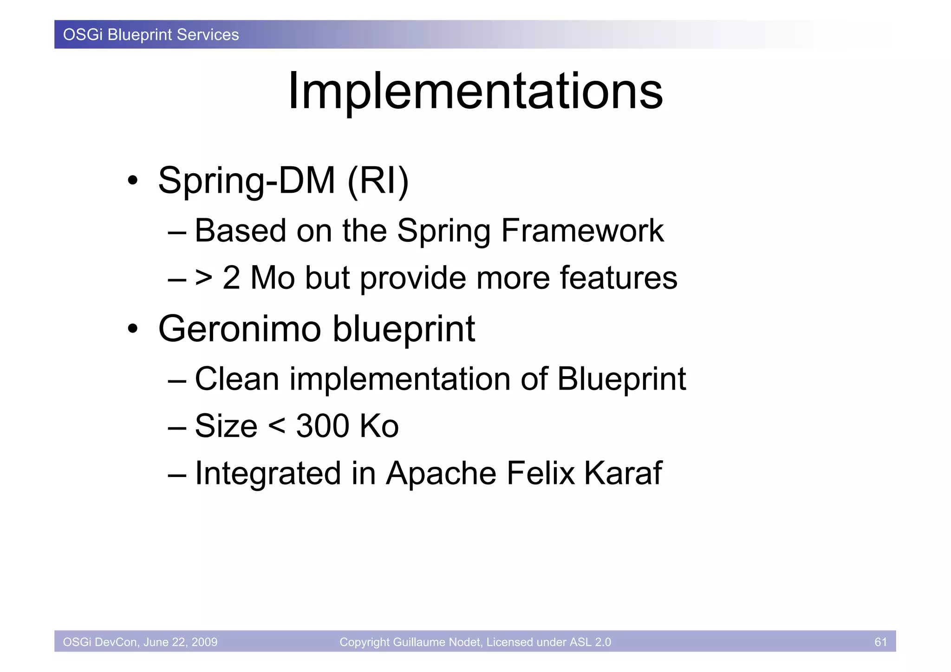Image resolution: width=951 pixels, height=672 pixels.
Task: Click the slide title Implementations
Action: click(x=475, y=91)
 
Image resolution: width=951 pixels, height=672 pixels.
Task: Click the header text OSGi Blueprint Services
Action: click(x=151, y=35)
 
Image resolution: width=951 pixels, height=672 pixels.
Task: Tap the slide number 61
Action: click(x=880, y=642)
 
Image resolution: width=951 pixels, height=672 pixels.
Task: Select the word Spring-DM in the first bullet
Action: click(x=247, y=181)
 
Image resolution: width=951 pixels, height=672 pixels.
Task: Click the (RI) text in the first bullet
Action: click(x=378, y=181)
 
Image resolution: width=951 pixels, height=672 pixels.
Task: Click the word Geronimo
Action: click(x=240, y=329)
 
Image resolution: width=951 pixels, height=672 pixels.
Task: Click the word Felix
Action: click(x=541, y=473)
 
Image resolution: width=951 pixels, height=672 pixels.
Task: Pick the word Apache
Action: click(x=441, y=473)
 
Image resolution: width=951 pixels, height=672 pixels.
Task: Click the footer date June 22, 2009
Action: click(x=180, y=642)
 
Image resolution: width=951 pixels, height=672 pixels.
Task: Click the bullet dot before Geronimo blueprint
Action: click(x=133, y=329)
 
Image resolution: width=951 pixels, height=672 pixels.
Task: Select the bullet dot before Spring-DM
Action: click(x=133, y=181)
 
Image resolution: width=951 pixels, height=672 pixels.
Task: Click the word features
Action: click(x=618, y=278)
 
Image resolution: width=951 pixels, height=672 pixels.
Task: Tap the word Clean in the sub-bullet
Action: click(x=237, y=379)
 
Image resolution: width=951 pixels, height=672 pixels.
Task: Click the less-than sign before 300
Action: click(x=277, y=426)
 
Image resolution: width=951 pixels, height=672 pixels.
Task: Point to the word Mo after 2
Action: click(x=273, y=278)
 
